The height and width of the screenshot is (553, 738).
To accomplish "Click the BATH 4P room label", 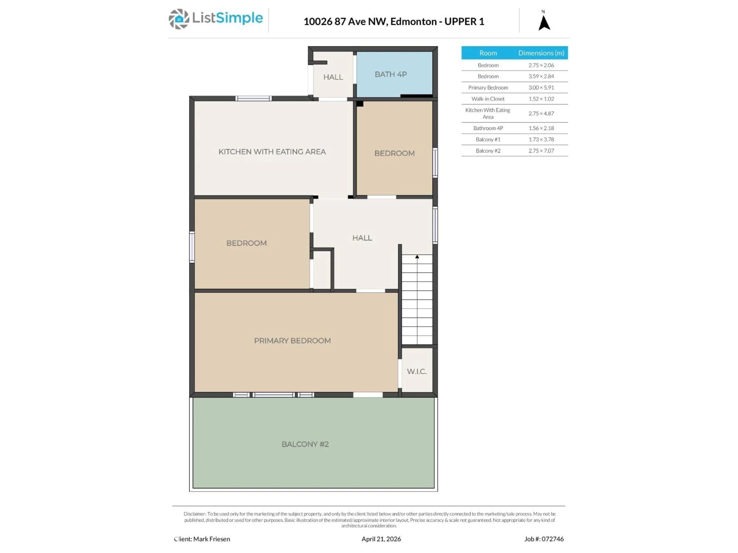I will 391,74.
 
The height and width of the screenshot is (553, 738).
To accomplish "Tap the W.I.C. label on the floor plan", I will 417,371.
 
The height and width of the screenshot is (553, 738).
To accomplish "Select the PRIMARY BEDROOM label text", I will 292,341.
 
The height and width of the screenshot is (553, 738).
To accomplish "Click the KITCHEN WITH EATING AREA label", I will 272,152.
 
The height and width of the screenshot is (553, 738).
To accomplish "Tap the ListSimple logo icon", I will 179,19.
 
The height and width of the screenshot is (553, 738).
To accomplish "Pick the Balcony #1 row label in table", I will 488,139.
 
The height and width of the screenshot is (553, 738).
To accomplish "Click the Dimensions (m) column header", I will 541,53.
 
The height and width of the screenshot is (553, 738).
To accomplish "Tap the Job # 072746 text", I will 544,539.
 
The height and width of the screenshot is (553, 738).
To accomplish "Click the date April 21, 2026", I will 381,539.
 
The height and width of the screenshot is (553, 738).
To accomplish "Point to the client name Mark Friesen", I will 212,539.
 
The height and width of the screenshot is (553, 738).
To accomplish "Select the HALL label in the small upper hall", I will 333,77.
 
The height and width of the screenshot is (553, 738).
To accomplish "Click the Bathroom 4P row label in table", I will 488,128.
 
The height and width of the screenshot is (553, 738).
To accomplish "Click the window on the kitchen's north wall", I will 253,98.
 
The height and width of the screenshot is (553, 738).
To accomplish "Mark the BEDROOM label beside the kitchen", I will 394,153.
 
